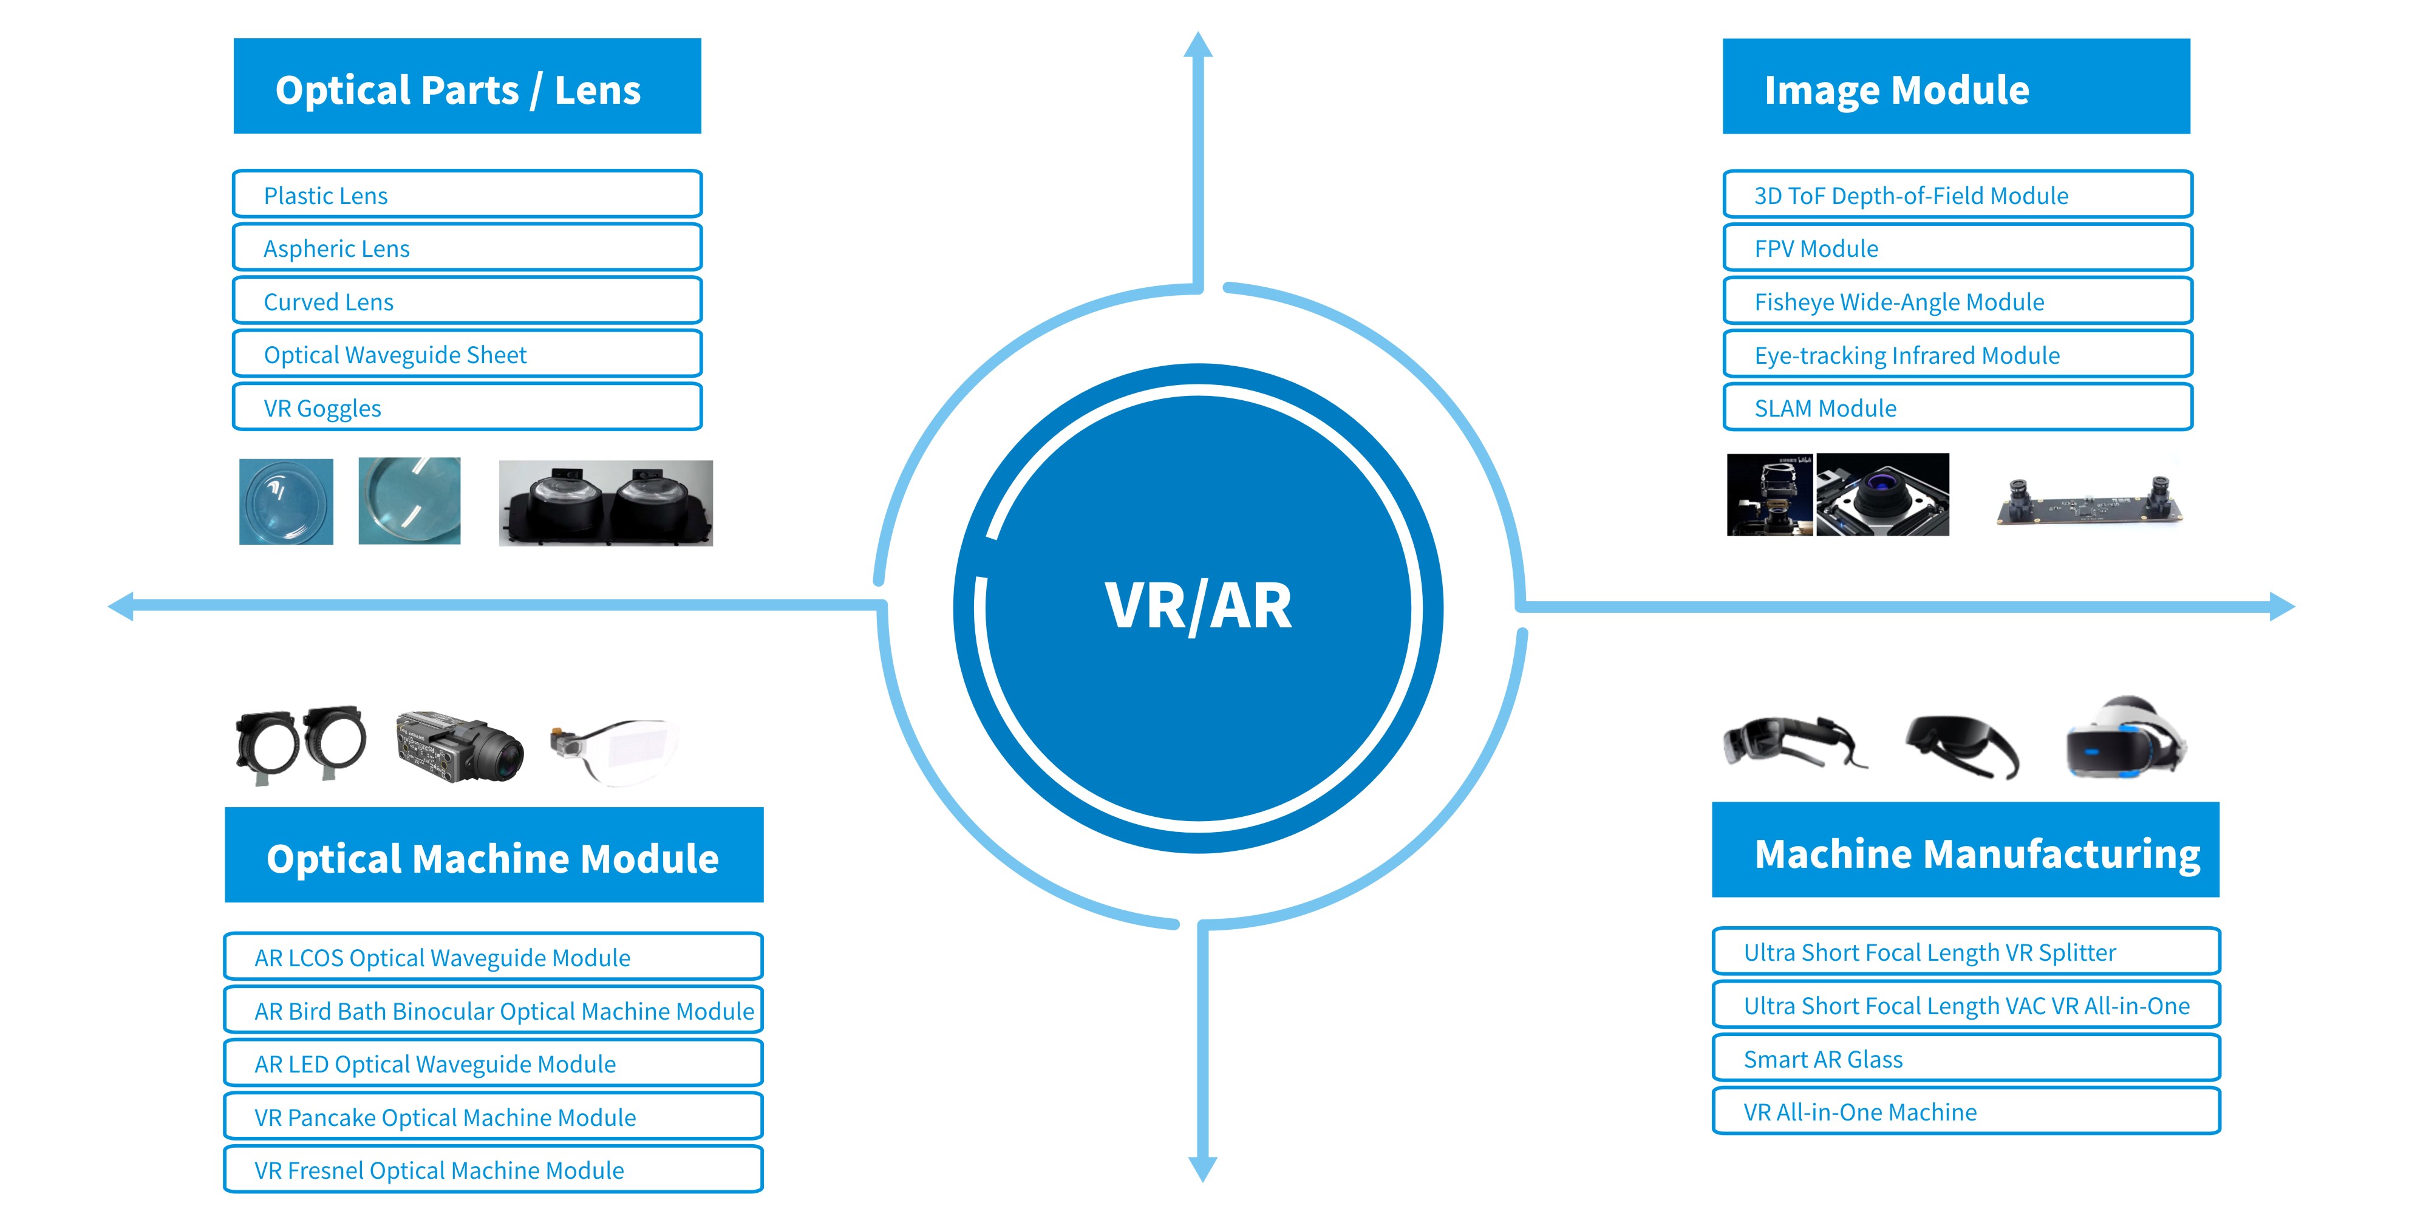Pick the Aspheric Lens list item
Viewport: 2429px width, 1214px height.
point(467,248)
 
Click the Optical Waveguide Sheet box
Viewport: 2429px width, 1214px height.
point(467,355)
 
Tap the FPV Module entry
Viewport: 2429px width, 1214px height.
point(1957,248)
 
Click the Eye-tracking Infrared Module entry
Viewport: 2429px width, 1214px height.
point(1957,355)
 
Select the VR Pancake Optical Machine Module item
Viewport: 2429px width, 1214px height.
point(492,1117)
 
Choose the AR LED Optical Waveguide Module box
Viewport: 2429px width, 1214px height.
point(492,1064)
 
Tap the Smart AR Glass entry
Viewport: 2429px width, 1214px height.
point(1965,1059)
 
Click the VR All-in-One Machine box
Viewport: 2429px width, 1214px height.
point(1965,1112)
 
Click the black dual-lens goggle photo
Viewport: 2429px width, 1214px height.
point(605,503)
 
